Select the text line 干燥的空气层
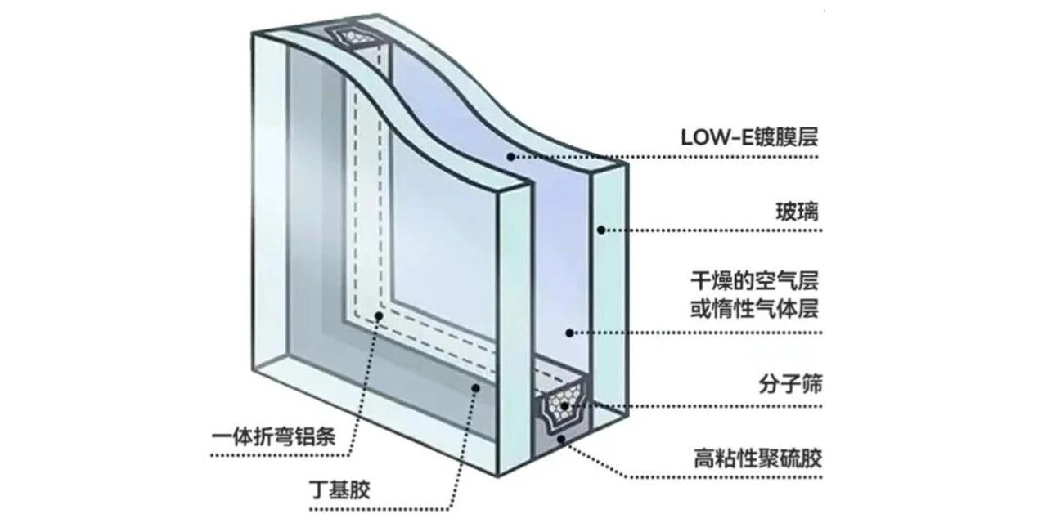pos(753,282)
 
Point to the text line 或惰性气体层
pos(753,311)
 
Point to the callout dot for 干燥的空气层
pos(570,332)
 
